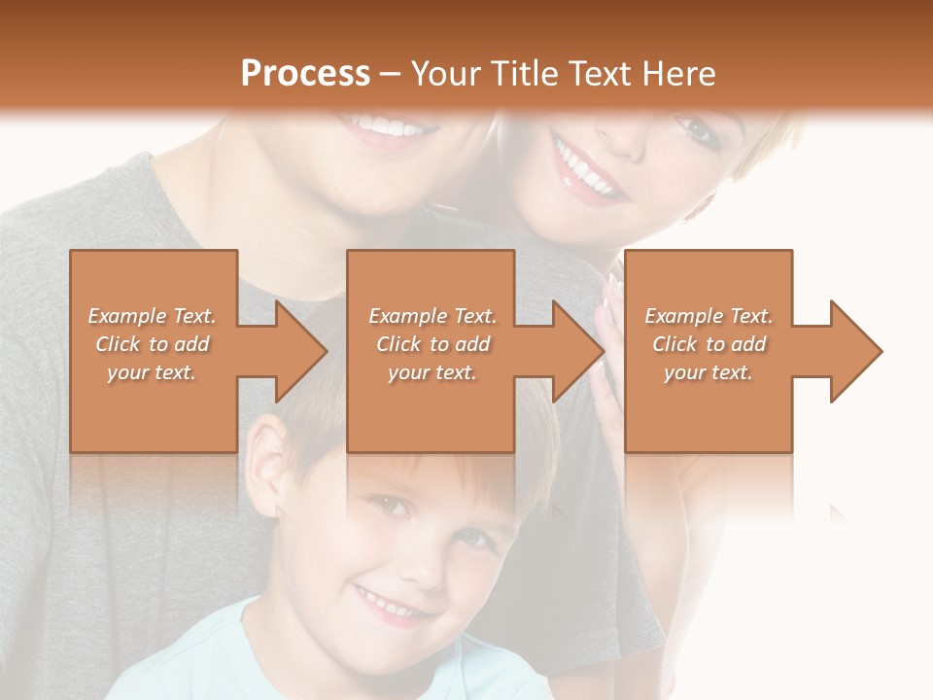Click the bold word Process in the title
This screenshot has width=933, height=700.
(305, 74)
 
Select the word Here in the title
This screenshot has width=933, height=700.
(677, 74)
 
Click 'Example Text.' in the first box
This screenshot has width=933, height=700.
(153, 316)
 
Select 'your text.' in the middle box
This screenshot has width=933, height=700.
(432, 372)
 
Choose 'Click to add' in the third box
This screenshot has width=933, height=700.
(708, 344)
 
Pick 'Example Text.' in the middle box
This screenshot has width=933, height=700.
(432, 316)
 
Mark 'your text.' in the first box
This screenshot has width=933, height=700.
(153, 372)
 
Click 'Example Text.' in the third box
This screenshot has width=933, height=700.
(708, 316)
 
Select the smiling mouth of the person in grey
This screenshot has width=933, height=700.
(386, 126)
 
